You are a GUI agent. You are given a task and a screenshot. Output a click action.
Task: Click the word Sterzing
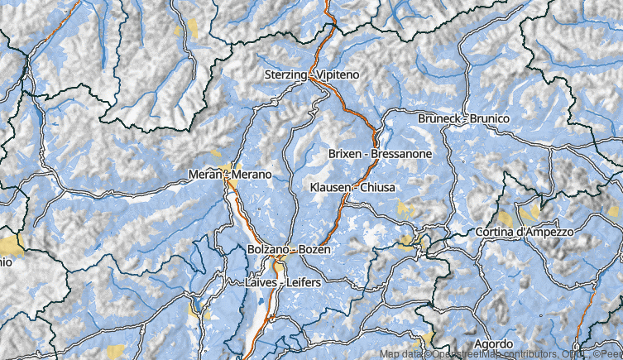pyautogui.click(x=285, y=75)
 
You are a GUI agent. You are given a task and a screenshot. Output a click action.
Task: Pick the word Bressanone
pyautogui.click(x=402, y=154)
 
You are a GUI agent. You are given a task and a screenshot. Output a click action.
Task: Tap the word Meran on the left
pyautogui.click(x=204, y=175)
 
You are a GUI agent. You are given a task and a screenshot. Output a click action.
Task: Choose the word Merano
pyautogui.click(x=253, y=175)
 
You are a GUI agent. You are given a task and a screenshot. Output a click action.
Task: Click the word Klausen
pyautogui.click(x=329, y=188)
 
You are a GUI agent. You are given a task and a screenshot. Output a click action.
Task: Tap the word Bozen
pyautogui.click(x=314, y=250)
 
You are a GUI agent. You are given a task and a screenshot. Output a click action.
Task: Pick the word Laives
pyautogui.click(x=261, y=283)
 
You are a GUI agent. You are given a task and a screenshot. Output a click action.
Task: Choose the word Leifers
pyautogui.click(x=304, y=283)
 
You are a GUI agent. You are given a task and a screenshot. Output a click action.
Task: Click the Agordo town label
pyautogui.click(x=493, y=343)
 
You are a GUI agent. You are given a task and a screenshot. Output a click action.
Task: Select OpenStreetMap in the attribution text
pyautogui.click(x=463, y=354)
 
